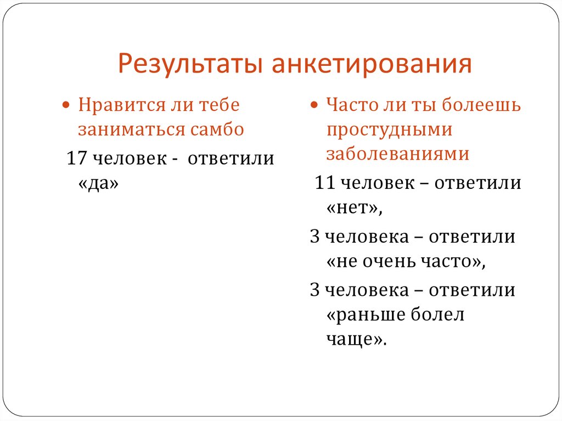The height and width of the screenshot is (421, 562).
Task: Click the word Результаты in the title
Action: pos(189,64)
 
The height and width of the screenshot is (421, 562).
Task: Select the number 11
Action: pos(325,183)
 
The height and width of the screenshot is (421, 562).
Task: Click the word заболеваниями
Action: pos(397,154)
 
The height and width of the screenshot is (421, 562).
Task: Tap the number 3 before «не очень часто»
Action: pos(314,238)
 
